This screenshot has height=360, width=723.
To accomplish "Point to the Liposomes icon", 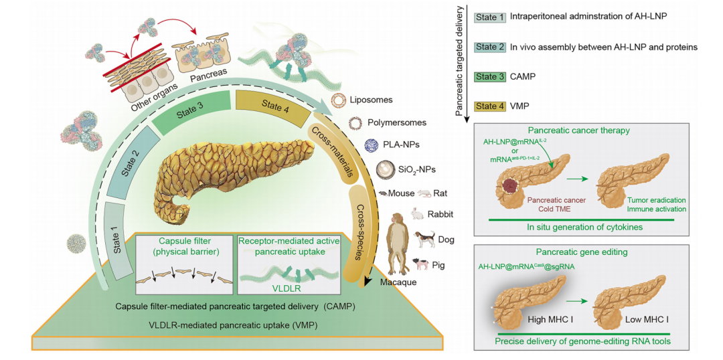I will pyautogui.click(x=339, y=100).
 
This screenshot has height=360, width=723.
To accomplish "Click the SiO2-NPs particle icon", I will pyautogui.click(x=386, y=169).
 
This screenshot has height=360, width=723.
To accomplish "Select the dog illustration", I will pyautogui.click(x=424, y=239).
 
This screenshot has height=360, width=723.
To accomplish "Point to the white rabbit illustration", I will pyautogui.click(x=418, y=215).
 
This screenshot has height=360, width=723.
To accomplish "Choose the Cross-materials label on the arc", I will pyautogui.click(x=334, y=150).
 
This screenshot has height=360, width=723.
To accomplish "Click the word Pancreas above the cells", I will pyautogui.click(x=208, y=72).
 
